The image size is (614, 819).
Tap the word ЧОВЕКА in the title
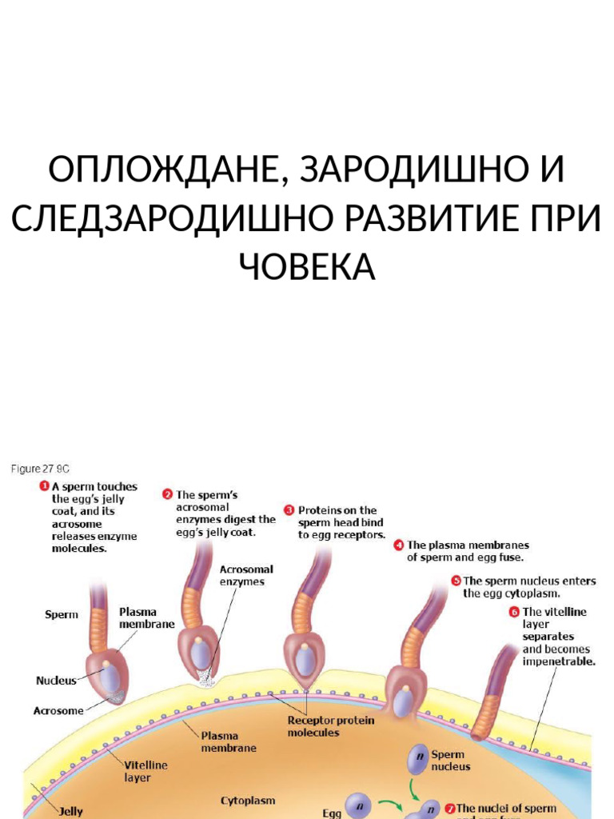point(307,268)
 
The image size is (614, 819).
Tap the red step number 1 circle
point(45,486)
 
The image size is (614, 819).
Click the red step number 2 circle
point(167,495)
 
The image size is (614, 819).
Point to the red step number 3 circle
point(289,510)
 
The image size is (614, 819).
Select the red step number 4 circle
point(398,545)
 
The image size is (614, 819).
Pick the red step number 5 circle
point(455,581)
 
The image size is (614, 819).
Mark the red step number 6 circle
point(514,612)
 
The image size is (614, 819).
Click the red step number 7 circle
point(449,808)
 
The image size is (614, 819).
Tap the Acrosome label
point(58,709)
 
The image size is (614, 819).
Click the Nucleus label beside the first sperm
point(56,681)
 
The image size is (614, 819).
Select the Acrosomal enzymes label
point(246,575)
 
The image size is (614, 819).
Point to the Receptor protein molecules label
point(330,725)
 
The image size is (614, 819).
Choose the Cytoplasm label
point(248,800)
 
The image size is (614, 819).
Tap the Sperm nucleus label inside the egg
point(451,760)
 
